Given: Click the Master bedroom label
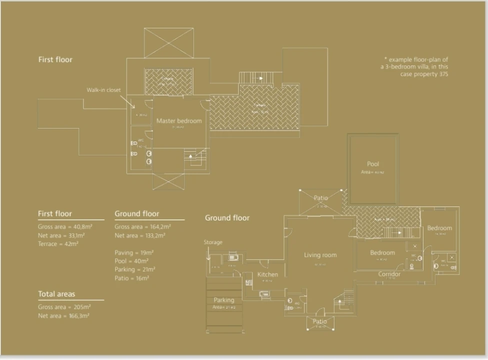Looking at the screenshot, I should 179,121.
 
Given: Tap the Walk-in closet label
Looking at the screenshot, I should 103,90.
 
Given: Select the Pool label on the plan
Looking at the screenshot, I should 373,164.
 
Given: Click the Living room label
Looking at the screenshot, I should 320,255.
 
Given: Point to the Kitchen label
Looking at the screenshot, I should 267,274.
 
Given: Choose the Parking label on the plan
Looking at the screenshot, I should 223,300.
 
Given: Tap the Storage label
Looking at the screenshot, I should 213,242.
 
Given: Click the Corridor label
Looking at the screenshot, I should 389,274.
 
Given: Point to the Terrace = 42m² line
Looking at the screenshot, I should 58,244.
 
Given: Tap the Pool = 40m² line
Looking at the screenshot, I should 131,261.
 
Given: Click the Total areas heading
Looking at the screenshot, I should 56,294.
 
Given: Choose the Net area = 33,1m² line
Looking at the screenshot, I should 61,235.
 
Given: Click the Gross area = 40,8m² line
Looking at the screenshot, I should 65,226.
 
